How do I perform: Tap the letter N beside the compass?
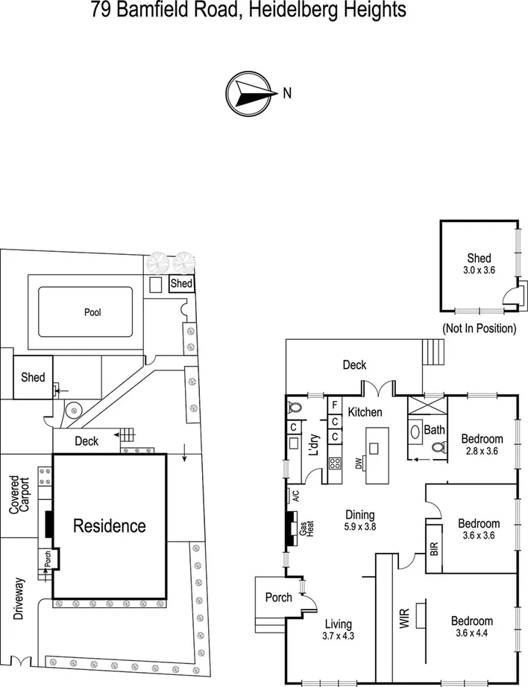286,93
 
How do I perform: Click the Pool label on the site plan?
92,312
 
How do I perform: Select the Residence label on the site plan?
109,525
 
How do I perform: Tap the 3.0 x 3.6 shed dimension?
478,272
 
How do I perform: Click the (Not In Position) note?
478,328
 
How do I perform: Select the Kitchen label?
365,412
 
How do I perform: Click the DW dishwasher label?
359,463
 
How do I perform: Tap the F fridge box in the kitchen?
335,406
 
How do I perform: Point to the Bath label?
433,430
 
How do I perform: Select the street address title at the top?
248,10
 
